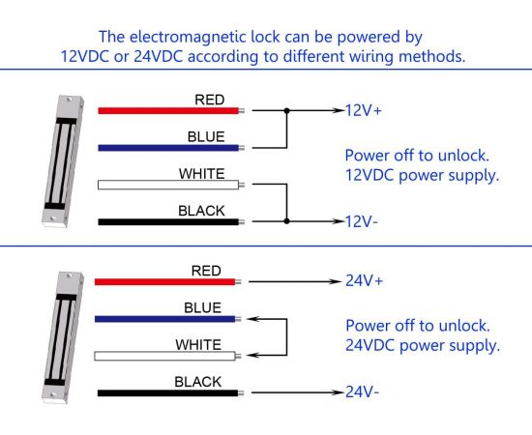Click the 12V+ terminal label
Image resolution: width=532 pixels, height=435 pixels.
pyautogui.click(x=364, y=110)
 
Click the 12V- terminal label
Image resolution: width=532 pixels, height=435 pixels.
pyautogui.click(x=362, y=221)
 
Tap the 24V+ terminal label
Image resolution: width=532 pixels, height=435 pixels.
pyautogui.click(x=364, y=280)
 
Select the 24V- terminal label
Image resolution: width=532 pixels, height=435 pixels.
pyautogui.click(x=362, y=391)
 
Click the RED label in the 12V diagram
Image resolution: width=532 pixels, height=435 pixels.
pyautogui.click(x=209, y=100)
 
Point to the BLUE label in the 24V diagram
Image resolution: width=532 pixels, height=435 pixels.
pyautogui.click(x=202, y=307)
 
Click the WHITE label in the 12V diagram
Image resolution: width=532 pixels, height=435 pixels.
pyautogui.click(x=202, y=174)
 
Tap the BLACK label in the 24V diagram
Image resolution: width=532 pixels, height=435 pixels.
pyautogui.click(x=197, y=382)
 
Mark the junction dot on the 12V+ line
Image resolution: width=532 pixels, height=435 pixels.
pyautogui.click(x=286, y=110)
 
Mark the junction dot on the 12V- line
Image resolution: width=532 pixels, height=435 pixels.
pyautogui.click(x=286, y=221)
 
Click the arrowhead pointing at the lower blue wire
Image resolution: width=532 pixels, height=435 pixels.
pyautogui.click(x=252, y=319)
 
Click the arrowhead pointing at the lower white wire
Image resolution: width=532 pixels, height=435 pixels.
pyautogui.click(x=252, y=356)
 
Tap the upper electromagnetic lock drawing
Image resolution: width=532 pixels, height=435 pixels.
pyautogui.click(x=63, y=160)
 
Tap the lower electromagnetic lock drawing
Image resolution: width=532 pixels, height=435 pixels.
pyautogui.click(x=63, y=337)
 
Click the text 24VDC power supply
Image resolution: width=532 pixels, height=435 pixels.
pyautogui.click(x=423, y=345)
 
